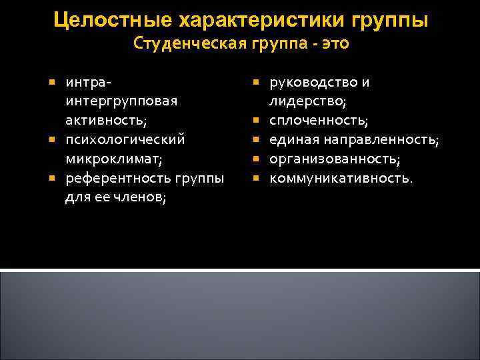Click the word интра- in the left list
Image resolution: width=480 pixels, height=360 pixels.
pos(89,83)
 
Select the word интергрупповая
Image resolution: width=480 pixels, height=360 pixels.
pos(121,102)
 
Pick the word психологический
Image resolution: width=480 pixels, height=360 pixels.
pos(125,140)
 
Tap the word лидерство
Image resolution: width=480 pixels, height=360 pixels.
pos(307,102)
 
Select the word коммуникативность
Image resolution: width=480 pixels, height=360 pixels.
pos(341,178)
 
